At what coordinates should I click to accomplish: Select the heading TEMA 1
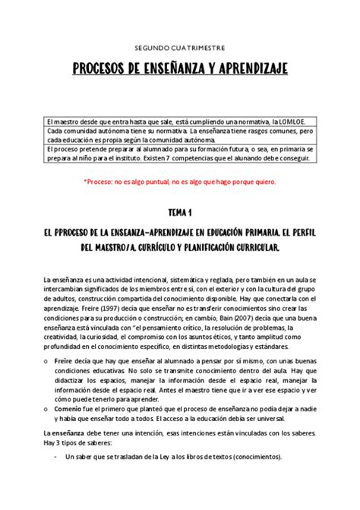click(179, 215)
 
